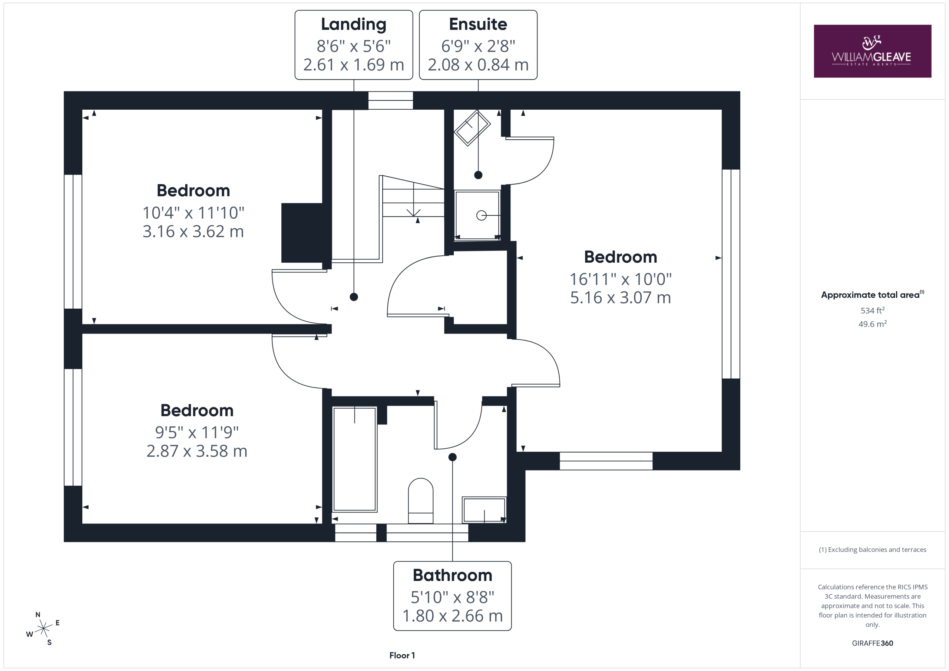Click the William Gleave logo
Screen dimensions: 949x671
pos(872,51)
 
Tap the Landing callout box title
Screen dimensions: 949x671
pos(354,24)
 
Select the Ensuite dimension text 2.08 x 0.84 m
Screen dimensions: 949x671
pos(478,65)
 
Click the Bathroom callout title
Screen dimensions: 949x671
pos(453,575)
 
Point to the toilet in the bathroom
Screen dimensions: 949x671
pos(421,501)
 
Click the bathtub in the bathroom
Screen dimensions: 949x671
pos(355,459)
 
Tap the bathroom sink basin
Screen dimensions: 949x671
pos(484,510)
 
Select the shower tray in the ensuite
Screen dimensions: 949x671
pos(477,215)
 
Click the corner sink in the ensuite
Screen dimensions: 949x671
pos(472,128)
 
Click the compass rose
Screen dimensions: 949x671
pos(43,628)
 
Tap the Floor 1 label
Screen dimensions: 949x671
pos(402,655)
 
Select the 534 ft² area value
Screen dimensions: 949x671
pos(873,310)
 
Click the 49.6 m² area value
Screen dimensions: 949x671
pos(873,324)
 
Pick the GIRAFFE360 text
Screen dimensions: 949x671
pos(873,643)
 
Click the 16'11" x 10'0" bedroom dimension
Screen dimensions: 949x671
pos(621,279)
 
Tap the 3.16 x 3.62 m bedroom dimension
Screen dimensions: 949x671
pos(193,231)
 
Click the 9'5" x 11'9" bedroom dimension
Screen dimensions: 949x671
pos(197,433)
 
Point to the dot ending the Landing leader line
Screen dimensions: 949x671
pos(354,297)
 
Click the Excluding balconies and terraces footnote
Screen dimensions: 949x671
pos(873,549)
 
